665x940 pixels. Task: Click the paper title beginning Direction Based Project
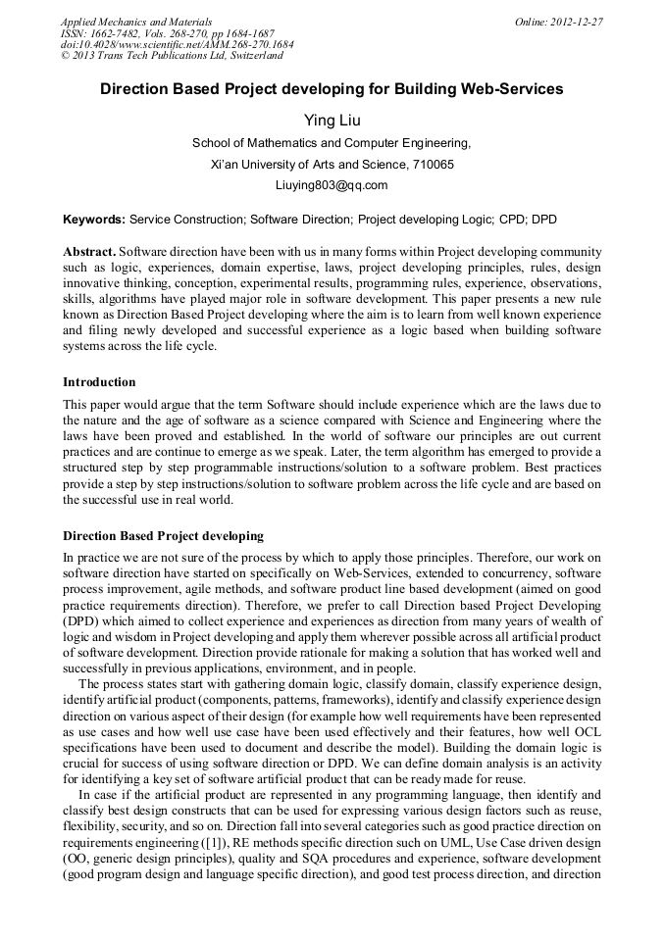point(332,89)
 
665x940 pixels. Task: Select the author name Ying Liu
point(332,120)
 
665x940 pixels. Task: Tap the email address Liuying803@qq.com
point(332,184)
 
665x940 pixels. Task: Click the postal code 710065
point(432,164)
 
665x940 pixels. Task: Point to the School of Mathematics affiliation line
point(332,142)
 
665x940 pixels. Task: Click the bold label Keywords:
point(95,220)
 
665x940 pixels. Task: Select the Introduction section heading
point(99,381)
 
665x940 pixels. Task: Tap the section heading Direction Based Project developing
point(163,536)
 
